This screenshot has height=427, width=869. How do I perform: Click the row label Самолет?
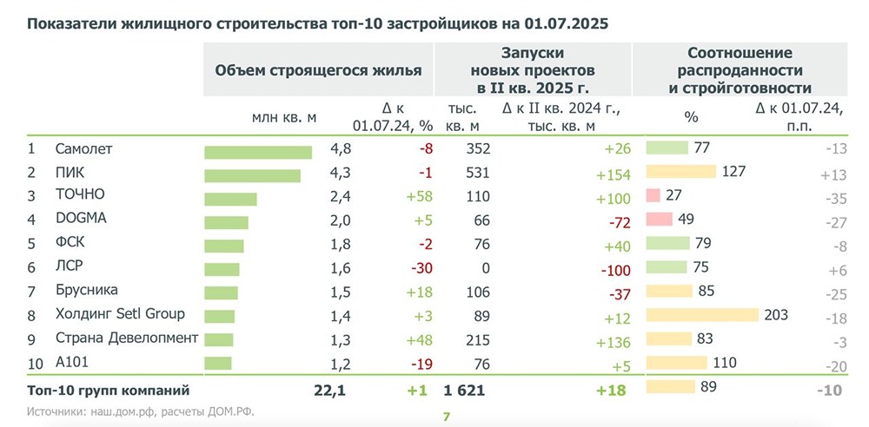coord(83,149)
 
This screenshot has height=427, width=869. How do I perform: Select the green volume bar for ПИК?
coord(252,176)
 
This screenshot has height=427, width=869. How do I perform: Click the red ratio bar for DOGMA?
coord(659,218)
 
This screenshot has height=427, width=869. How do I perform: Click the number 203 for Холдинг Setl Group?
coord(776,313)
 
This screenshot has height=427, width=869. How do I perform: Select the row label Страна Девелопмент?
coord(126,338)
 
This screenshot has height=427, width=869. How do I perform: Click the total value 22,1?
coord(329,391)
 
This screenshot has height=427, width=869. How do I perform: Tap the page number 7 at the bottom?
coord(446,417)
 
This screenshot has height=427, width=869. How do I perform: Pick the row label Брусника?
coord(86,290)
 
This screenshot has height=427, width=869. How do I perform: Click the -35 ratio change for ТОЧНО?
coord(835,199)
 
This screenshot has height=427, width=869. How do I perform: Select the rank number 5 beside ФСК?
coord(31,243)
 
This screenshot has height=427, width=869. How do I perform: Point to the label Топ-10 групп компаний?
coord(109,391)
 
